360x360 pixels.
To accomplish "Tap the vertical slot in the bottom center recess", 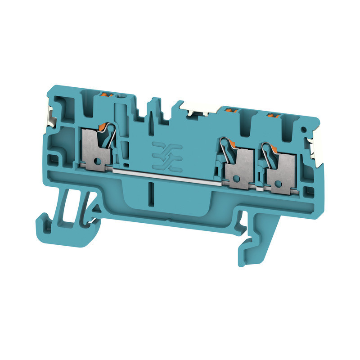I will [151, 194].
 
